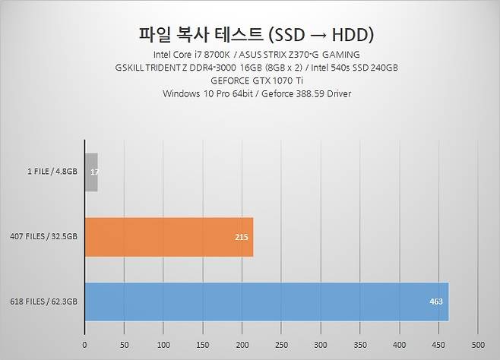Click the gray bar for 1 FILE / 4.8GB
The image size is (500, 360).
(91, 172)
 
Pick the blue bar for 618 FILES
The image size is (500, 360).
(266, 302)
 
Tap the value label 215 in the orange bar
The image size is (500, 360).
(242, 238)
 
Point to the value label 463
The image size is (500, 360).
(436, 302)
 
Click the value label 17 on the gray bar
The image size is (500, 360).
(93, 172)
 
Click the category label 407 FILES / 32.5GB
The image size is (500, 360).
(44, 237)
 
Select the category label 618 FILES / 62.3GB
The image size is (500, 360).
(44, 302)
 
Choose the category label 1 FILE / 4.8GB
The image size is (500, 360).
(50, 172)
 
